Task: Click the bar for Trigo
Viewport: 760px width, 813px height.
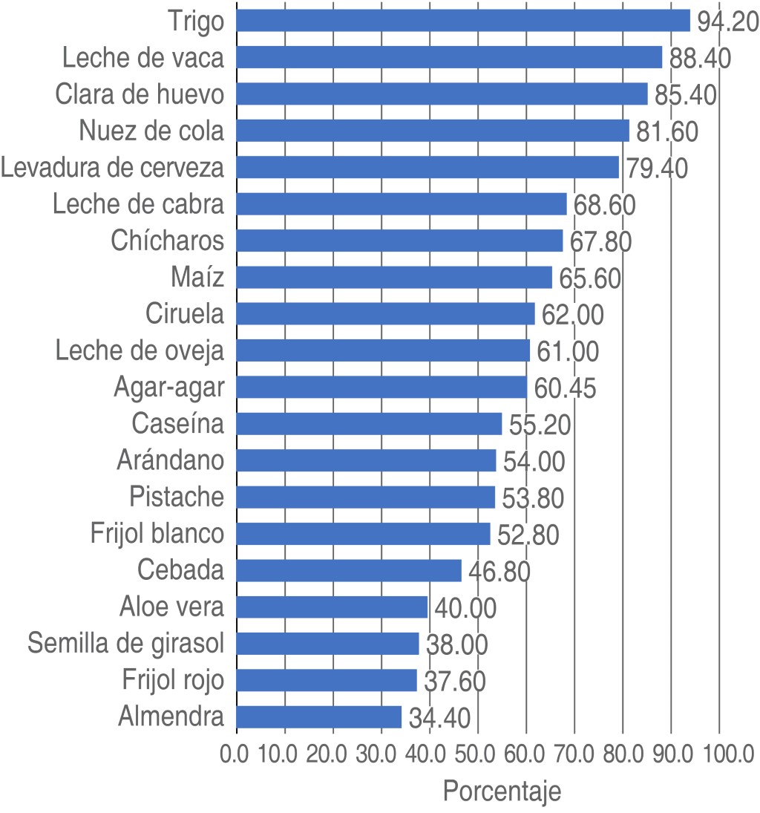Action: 463,21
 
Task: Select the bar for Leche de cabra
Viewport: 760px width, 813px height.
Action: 402,204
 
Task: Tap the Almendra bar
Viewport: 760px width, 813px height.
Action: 319,717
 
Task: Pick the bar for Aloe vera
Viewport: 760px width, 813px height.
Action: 332,607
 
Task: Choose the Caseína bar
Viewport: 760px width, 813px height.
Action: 369,424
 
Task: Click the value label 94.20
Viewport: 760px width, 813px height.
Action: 727,22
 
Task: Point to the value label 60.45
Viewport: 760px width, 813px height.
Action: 565,388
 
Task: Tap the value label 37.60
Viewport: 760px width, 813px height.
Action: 454,681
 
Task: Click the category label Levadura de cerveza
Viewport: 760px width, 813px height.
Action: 113,168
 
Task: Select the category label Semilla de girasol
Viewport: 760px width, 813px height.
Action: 125,643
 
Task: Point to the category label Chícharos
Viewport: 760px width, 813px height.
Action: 167,241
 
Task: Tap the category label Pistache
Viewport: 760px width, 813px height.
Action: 176,496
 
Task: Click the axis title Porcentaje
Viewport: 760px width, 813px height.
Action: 502,791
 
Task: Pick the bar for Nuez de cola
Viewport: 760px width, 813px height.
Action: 433,131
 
